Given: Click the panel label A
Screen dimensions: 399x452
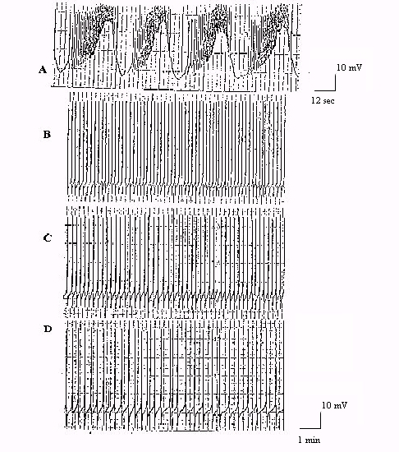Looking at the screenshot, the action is [x=43, y=70].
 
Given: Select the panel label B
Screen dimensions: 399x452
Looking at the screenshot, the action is [x=48, y=135].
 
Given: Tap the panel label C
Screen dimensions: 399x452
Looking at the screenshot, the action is [x=48, y=238].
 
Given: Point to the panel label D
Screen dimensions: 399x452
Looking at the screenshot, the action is [x=48, y=329].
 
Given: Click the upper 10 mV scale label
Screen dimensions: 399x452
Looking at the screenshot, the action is [x=349, y=67].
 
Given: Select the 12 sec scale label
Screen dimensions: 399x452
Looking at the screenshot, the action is [x=323, y=100].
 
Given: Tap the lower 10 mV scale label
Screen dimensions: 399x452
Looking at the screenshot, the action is [x=334, y=405].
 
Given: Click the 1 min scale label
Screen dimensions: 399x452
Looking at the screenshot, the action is [x=310, y=440].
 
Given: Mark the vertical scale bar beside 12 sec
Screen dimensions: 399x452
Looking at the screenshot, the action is [x=336, y=82].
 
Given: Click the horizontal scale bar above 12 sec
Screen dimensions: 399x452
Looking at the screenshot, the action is [x=325, y=90].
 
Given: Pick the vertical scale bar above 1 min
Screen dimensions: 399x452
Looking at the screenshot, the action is [x=321, y=420].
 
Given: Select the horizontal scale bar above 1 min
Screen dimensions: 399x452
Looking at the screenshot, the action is [x=310, y=428].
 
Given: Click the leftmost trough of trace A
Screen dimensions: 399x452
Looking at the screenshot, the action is [x=61, y=71].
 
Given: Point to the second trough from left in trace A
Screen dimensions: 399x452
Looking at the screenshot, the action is [x=122, y=74].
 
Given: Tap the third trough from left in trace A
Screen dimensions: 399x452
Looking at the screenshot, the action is [x=178, y=78].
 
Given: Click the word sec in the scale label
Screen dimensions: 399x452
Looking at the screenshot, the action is [x=328, y=101].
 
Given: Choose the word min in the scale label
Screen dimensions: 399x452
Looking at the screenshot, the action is [x=313, y=440].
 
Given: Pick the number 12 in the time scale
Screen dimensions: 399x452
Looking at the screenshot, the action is [x=316, y=100].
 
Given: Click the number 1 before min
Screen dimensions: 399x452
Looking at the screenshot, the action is [x=300, y=440].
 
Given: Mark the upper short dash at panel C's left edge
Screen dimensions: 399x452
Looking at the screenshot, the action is [x=69, y=225].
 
